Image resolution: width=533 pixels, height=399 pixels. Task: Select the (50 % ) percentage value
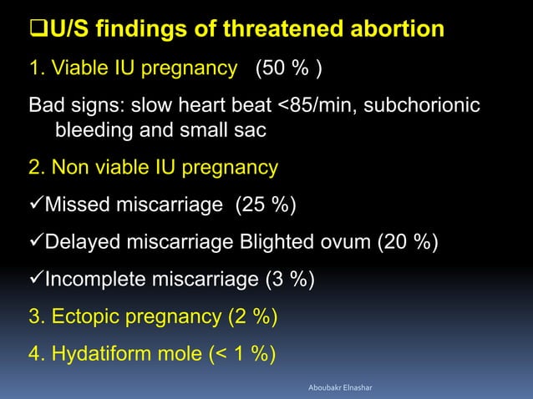pos(289,68)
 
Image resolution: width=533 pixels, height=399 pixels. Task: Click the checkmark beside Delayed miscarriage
pos(36,242)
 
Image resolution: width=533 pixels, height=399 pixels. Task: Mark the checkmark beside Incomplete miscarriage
pos(36,279)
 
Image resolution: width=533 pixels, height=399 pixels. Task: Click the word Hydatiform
pos(103,353)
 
